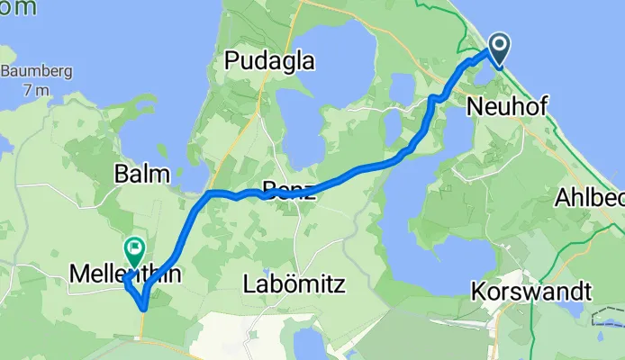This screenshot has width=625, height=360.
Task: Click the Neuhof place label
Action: pyautogui.click(x=502, y=106)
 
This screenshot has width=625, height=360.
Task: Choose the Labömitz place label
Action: pyautogui.click(x=294, y=285)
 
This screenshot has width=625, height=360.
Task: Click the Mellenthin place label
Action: pyautogui.click(x=122, y=276)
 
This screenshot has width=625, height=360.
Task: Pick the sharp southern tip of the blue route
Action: pyautogui.click(x=144, y=308)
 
